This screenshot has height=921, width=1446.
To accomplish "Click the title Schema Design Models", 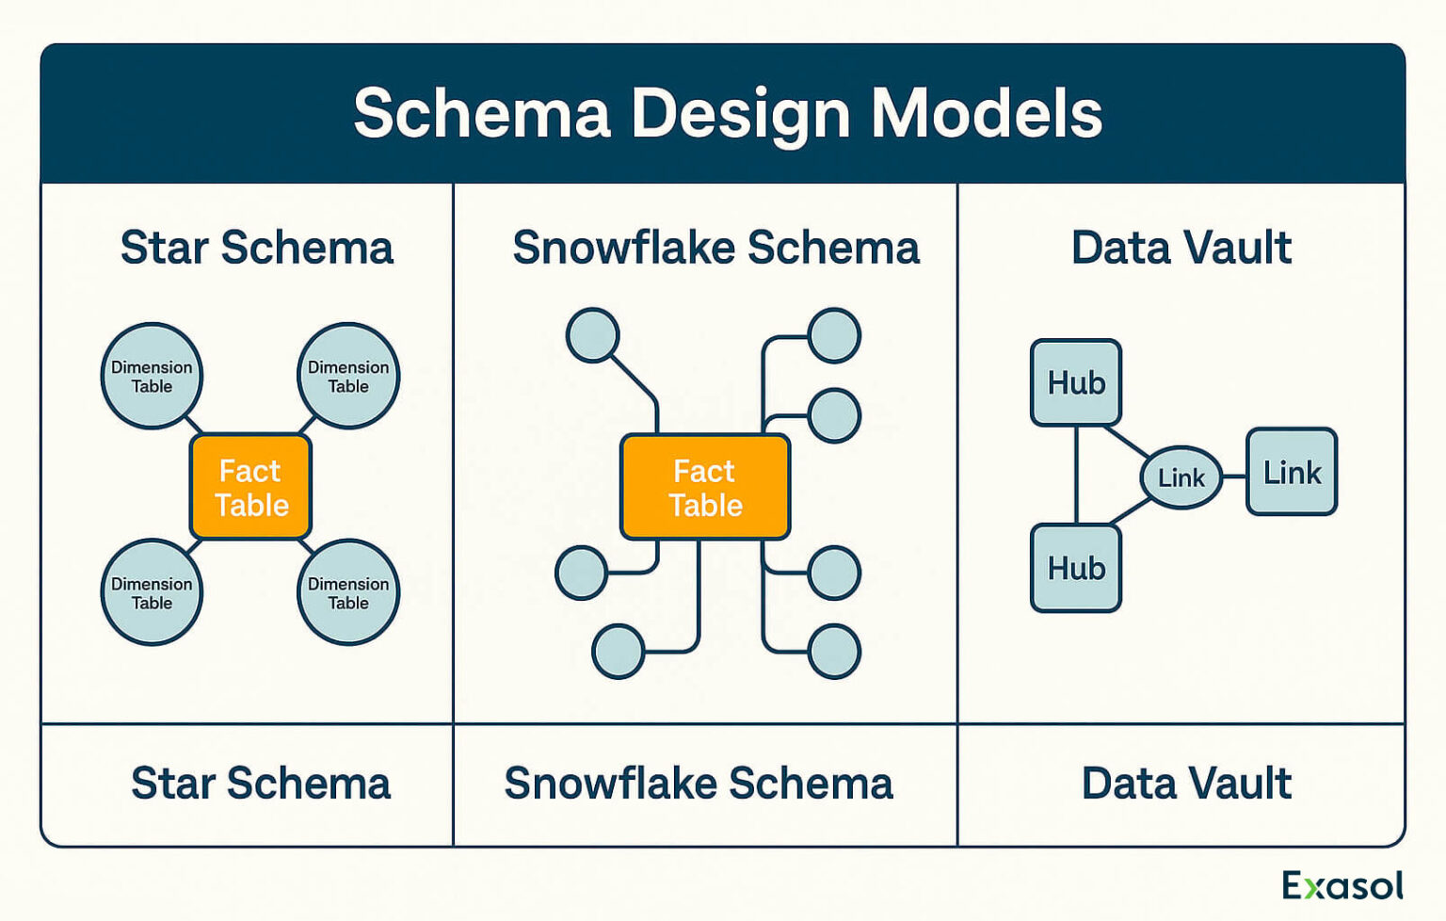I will click(727, 113).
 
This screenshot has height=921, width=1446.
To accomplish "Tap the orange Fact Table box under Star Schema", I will click(250, 487).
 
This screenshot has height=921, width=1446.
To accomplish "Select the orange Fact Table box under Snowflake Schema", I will click(705, 487).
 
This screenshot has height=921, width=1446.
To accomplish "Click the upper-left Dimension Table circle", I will click(152, 377).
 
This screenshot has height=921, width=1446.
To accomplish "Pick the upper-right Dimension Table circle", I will click(348, 377).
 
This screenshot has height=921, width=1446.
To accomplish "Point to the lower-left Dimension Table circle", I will click(152, 592).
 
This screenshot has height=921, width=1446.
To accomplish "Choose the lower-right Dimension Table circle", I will click(348, 592).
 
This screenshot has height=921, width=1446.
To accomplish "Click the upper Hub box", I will click(1076, 382).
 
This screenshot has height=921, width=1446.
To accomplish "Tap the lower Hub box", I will click(1076, 568).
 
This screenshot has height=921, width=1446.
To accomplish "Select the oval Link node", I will click(1181, 477).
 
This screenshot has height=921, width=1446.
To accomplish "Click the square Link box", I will click(1292, 472).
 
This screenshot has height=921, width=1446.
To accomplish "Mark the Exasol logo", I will click(1342, 885).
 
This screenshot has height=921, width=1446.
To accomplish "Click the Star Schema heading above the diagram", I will click(256, 248).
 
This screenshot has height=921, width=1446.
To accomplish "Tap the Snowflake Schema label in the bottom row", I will click(698, 784).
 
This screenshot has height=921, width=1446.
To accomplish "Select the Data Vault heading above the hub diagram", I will click(1181, 248).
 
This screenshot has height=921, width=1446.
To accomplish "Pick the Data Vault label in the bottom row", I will click(1186, 784).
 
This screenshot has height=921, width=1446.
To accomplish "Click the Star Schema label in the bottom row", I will click(260, 784).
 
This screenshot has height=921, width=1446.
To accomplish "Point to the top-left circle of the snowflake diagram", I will click(592, 335).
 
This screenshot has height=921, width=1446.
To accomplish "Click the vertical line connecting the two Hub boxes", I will click(1076, 475).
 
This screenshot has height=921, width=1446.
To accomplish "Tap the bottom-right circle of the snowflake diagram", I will click(834, 652).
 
